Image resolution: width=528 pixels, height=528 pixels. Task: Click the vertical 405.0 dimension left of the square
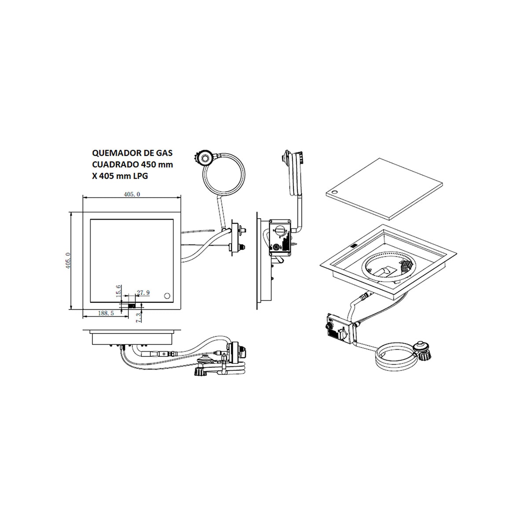pyautogui.click(x=67, y=260)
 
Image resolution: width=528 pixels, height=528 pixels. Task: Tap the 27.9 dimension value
pyautogui.click(x=143, y=292)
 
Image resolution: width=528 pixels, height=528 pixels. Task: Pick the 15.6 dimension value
pyautogui.click(x=118, y=292)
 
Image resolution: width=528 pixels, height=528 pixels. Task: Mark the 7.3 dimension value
pyautogui.click(x=139, y=316)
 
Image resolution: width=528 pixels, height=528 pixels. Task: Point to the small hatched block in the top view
pyautogui.click(x=132, y=305)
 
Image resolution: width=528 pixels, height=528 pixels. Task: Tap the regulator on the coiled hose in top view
pyautogui.click(x=204, y=158)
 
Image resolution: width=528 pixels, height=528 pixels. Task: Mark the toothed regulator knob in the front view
pyautogui.click(x=200, y=372)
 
